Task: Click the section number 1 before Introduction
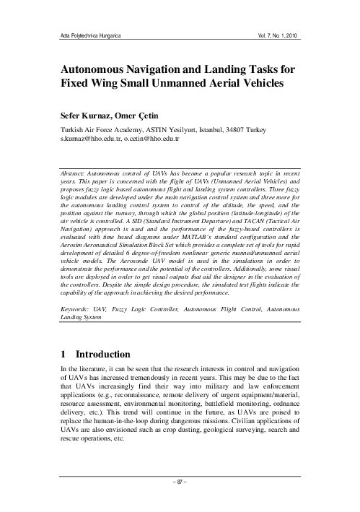click(63, 355)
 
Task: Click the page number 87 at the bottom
click(179, 497)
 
